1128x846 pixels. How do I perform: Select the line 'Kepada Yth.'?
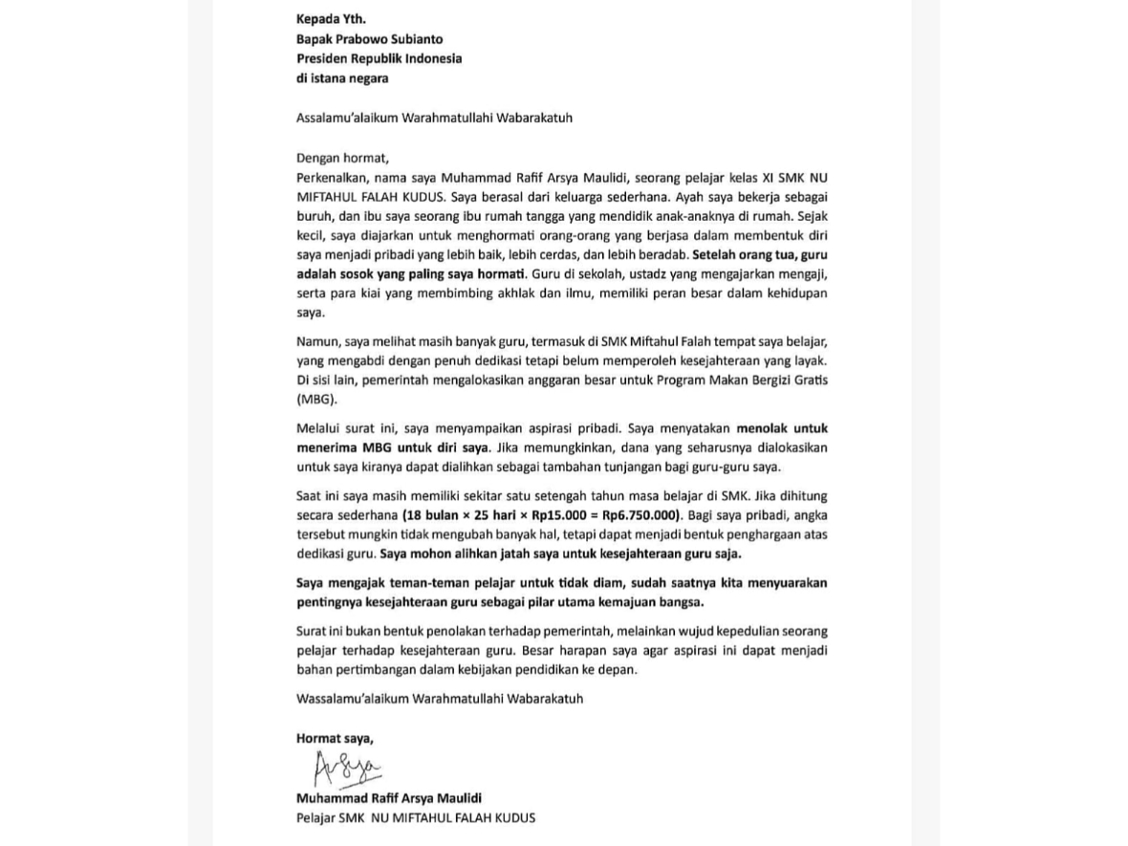click(x=331, y=19)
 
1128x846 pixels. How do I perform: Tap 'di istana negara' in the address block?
click(x=342, y=78)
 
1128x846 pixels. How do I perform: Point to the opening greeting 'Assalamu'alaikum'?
click(x=351, y=119)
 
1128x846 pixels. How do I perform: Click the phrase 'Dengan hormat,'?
click(x=343, y=159)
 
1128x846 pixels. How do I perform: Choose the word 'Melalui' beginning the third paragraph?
click(x=319, y=429)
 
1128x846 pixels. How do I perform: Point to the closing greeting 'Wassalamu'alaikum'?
click(x=353, y=699)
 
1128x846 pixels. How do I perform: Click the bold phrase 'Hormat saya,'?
click(x=335, y=738)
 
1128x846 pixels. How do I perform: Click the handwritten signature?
click(x=347, y=769)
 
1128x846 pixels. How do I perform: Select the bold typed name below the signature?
click(x=389, y=798)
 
